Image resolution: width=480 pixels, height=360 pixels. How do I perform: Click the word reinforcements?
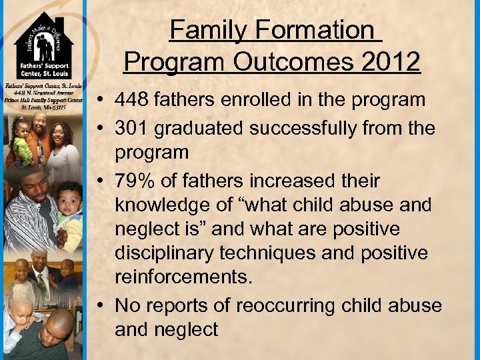coord(183,277)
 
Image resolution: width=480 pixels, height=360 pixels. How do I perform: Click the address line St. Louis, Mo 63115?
coord(42,107)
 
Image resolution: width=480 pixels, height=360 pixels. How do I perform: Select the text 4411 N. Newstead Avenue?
coord(42,94)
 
